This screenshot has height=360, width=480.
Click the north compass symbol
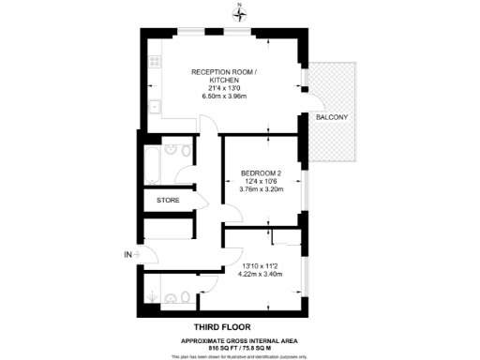[240, 13]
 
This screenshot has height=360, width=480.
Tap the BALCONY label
[332, 117]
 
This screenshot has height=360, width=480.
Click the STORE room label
[168, 199]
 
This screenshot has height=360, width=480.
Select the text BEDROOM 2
[261, 172]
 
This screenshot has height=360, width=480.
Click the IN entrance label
[127, 254]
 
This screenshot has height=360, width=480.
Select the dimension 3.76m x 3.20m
[261, 190]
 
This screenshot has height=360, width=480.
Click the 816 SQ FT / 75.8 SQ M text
[240, 346]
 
